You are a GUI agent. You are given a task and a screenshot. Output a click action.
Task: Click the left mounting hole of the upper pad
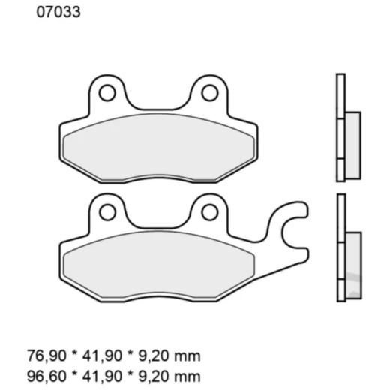pyautogui.click(x=107, y=93)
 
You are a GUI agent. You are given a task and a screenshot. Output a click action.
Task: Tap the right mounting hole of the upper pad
pyautogui.click(x=210, y=93)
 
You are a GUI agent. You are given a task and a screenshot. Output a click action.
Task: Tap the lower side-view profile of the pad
pyautogui.click(x=342, y=247)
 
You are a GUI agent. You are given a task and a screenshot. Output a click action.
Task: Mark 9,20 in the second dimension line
pyautogui.click(x=152, y=373)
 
